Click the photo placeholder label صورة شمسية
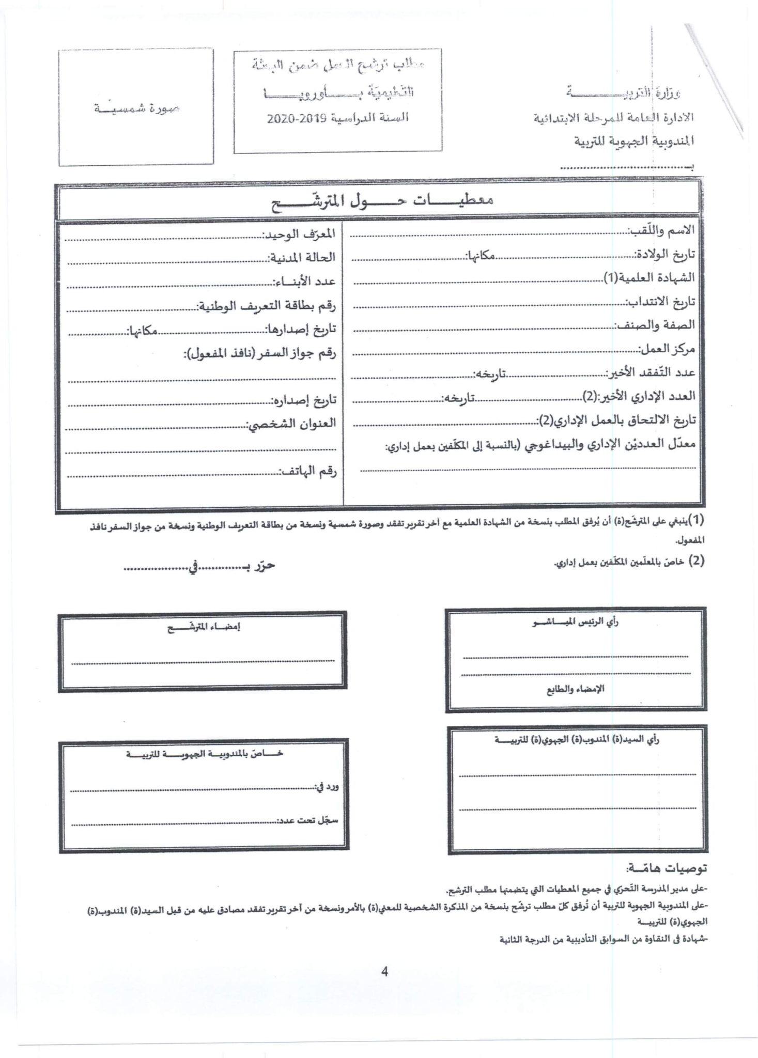pos(137,108)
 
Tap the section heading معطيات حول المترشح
pos(383,201)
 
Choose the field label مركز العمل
pos(666,349)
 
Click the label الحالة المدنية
pos(301,257)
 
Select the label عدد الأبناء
pos(304,282)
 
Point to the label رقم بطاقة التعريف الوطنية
pos(267,306)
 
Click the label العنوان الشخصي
pos(291,424)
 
